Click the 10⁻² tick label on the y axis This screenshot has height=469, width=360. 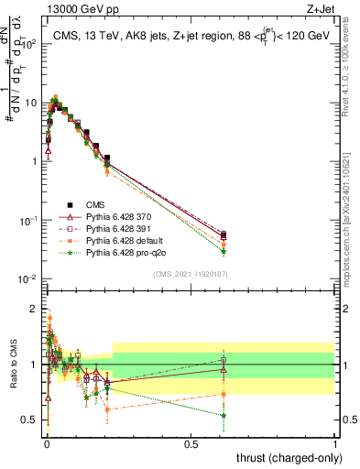[31, 278]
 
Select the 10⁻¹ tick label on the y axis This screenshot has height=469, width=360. [31, 220]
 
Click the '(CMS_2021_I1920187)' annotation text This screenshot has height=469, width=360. [191, 275]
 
